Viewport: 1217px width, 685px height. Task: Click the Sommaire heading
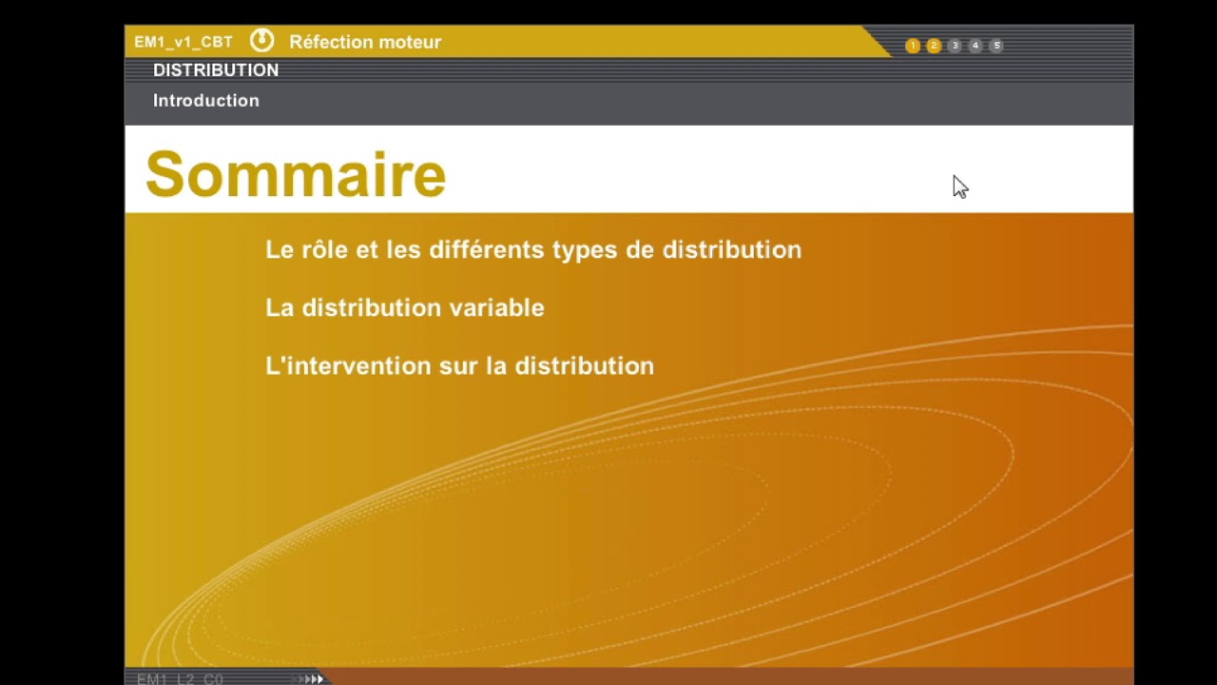pos(296,175)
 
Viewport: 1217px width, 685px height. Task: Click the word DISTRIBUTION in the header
pos(216,70)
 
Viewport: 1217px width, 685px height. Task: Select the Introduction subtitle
pos(206,101)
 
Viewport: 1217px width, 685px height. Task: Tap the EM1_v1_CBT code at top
pos(184,42)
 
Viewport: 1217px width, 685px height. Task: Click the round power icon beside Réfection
pos(261,41)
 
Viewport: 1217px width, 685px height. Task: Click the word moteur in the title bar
pos(409,42)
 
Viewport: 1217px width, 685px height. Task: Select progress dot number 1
pos(913,46)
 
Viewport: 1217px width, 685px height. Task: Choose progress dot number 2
pos(934,46)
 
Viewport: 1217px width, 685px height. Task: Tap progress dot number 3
pos(955,46)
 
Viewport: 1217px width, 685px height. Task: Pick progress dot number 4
pos(976,46)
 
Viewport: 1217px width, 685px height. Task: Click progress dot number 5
pos(996,46)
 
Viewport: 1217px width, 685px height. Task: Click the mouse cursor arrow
pos(958,186)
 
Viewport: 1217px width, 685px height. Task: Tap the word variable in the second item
pos(496,308)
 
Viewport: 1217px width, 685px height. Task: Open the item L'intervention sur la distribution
pos(459,366)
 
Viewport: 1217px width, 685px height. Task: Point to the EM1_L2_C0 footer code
pos(181,679)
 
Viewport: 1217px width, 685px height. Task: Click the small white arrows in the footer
pos(312,679)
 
